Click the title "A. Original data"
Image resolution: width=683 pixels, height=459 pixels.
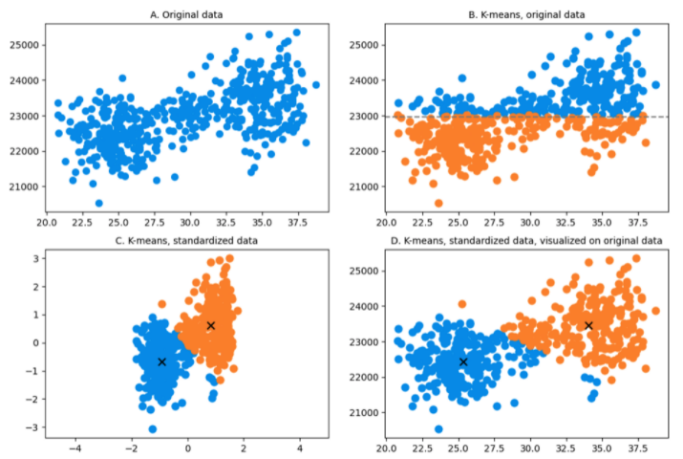click(x=180, y=13)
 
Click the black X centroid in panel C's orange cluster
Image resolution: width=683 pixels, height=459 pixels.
click(x=210, y=326)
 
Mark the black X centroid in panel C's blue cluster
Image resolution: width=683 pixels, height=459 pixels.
click(x=161, y=361)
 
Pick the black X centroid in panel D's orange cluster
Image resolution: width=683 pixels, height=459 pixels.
click(x=588, y=326)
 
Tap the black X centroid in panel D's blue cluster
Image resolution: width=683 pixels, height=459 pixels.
click(x=463, y=361)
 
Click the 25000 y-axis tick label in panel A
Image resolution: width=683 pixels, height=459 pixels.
click(x=21, y=45)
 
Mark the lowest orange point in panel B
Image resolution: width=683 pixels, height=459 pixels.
click(x=438, y=203)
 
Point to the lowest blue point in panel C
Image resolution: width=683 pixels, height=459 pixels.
click(x=153, y=428)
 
